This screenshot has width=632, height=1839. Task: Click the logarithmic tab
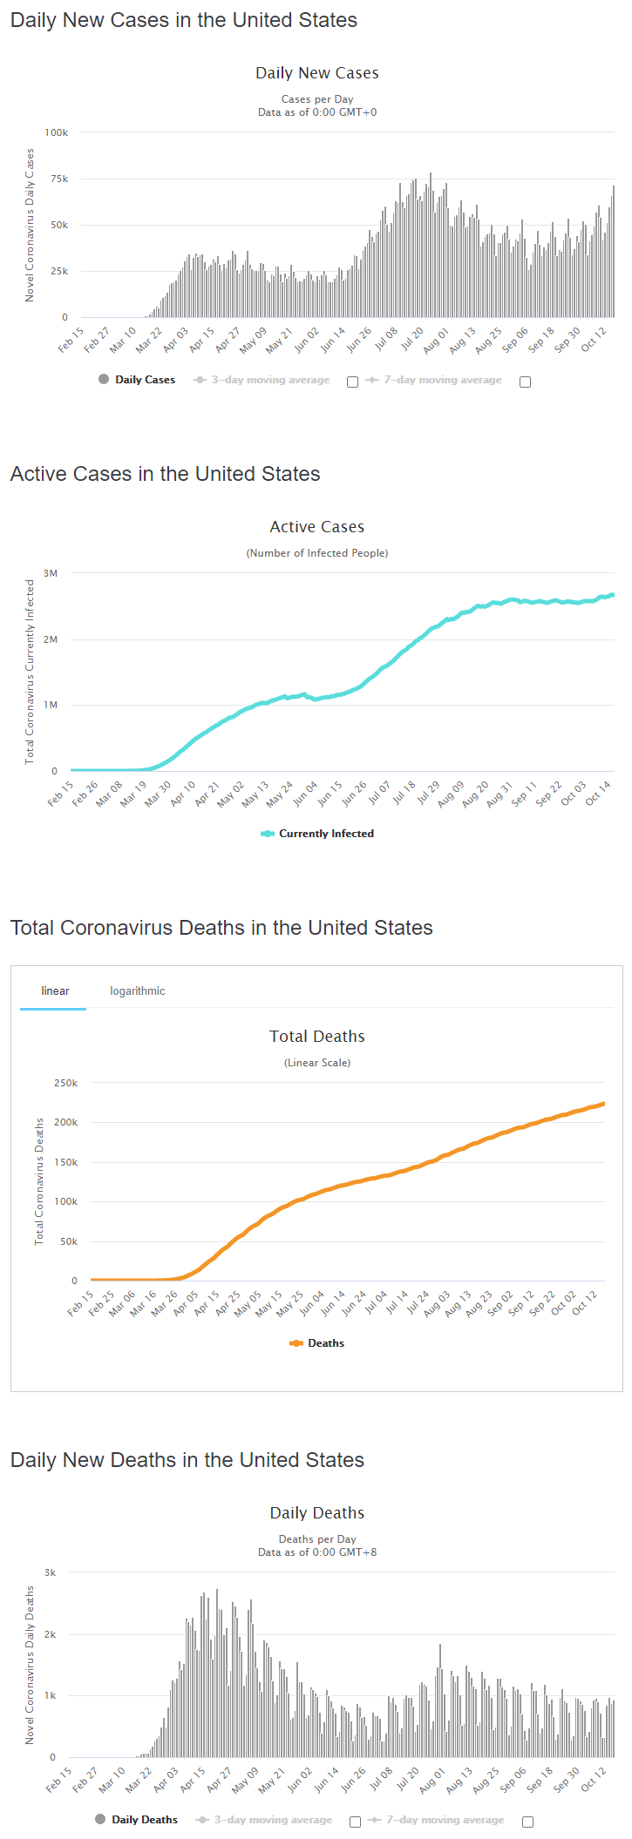tap(137, 990)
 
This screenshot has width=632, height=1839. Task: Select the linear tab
tap(55, 990)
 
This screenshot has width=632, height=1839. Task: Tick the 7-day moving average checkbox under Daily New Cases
tap(525, 382)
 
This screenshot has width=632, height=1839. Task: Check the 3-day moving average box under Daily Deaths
tap(355, 1822)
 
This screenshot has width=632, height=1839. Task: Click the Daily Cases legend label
tap(145, 380)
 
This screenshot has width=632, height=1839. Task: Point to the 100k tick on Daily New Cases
tap(57, 132)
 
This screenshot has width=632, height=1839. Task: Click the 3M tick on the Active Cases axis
tap(51, 573)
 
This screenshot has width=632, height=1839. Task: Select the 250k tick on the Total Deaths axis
tap(65, 1083)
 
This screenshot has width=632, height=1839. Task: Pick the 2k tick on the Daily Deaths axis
tap(50, 1634)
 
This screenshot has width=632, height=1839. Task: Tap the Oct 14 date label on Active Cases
tap(598, 794)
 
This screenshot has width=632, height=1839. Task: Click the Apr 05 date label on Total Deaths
tap(186, 1303)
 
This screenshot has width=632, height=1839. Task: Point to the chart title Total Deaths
tap(316, 1036)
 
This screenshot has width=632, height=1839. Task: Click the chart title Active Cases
tap(316, 526)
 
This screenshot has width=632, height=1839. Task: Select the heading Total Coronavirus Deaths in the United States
tap(221, 928)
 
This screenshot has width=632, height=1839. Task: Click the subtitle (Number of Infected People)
tap(316, 553)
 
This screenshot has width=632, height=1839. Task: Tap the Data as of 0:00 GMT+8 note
tap(316, 1552)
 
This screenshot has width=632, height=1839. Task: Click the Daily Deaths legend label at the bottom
tap(144, 1820)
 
